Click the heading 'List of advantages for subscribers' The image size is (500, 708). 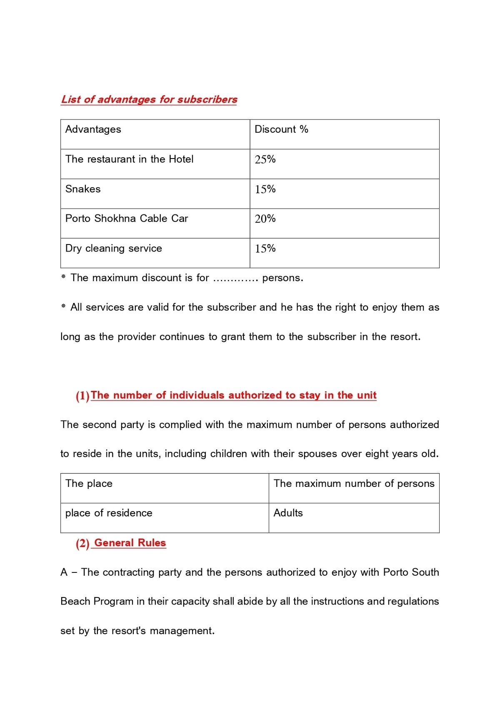tap(149, 99)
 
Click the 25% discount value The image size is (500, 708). tap(265, 159)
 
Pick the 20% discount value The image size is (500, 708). tap(265, 219)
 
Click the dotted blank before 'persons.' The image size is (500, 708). tap(235, 279)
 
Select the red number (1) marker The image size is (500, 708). tap(82, 396)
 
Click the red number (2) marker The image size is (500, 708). tap(82, 543)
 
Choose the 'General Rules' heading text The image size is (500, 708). tap(130, 543)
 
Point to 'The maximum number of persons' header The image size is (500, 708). tap(354, 484)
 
